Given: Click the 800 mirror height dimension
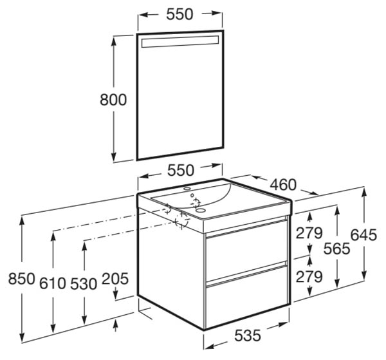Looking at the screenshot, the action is [x=113, y=100].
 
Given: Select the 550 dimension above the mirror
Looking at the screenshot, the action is [x=179, y=14].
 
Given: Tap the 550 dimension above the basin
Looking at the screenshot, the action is [x=181, y=170].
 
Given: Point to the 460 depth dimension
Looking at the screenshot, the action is [x=283, y=185].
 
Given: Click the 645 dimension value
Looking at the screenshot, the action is [x=363, y=234].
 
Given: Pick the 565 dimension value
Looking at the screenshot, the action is [x=336, y=249].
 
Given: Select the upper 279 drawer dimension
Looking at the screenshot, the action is [x=309, y=233].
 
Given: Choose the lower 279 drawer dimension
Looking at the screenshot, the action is [x=309, y=277].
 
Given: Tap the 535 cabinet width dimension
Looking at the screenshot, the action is [x=248, y=336].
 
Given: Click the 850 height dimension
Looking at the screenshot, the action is [x=22, y=279].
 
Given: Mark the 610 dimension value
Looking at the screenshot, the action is [x=53, y=283].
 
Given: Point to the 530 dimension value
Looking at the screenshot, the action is [x=84, y=283].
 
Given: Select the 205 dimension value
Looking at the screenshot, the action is [x=115, y=279].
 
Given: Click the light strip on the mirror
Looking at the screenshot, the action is [x=180, y=41].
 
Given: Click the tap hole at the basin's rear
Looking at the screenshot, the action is [x=187, y=189].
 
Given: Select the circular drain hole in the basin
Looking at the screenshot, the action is [x=201, y=211].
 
